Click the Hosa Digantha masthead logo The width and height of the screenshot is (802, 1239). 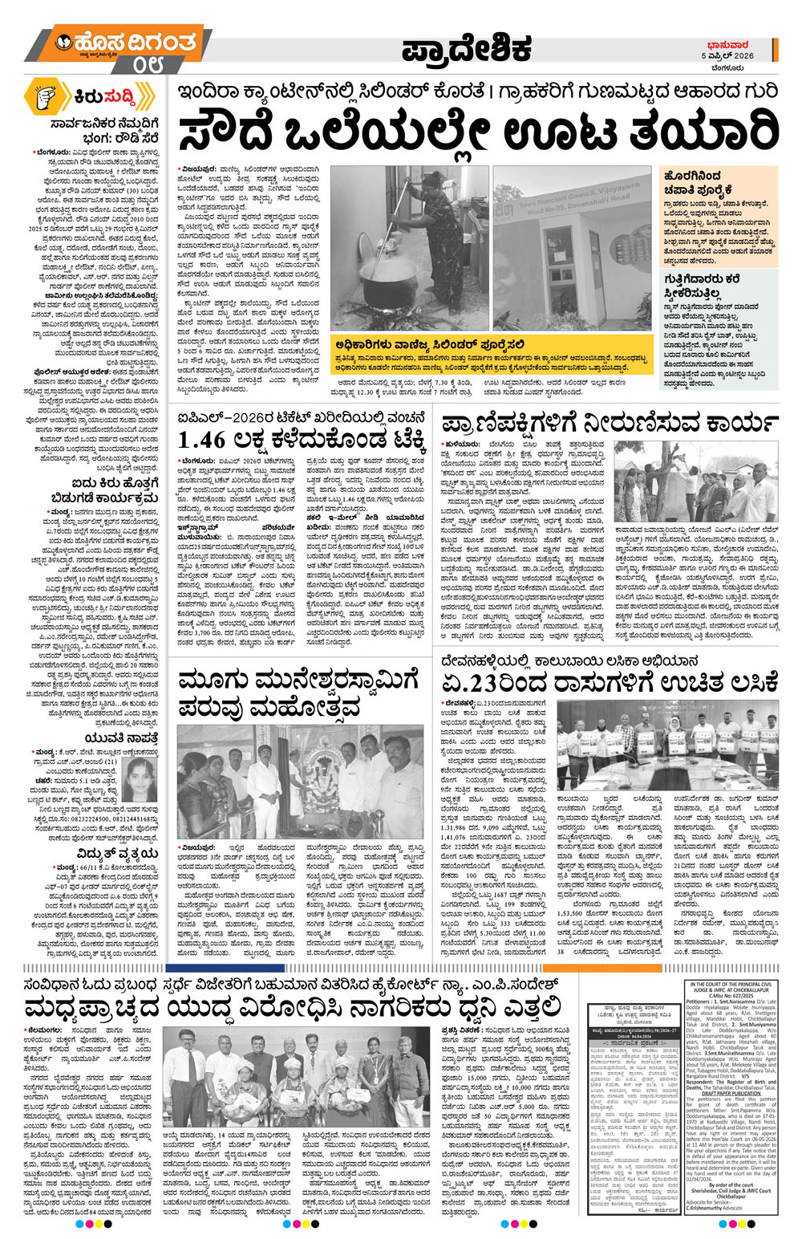click(120, 40)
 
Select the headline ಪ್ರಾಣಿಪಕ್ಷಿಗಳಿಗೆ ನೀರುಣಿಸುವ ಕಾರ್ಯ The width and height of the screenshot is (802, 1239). click(606, 422)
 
